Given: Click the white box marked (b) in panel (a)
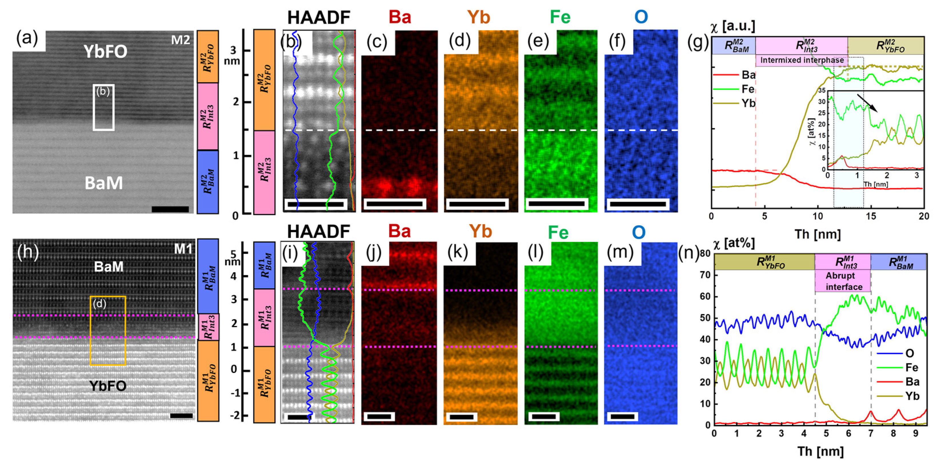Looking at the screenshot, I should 104,107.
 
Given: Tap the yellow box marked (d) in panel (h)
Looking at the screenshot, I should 108,330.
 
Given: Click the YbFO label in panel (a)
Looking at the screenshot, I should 105,52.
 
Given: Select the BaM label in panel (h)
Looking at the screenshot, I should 109,267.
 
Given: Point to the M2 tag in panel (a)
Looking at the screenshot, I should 181,40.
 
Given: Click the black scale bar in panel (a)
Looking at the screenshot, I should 170,209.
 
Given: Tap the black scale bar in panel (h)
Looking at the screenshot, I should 181,416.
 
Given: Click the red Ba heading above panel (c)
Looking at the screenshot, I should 400,17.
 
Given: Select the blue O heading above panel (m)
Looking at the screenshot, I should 639,232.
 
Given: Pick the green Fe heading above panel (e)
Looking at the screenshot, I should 560,17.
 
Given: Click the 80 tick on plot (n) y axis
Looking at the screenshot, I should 705,253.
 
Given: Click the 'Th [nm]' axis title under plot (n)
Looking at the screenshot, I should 820,451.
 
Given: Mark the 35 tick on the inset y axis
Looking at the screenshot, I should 821,90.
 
